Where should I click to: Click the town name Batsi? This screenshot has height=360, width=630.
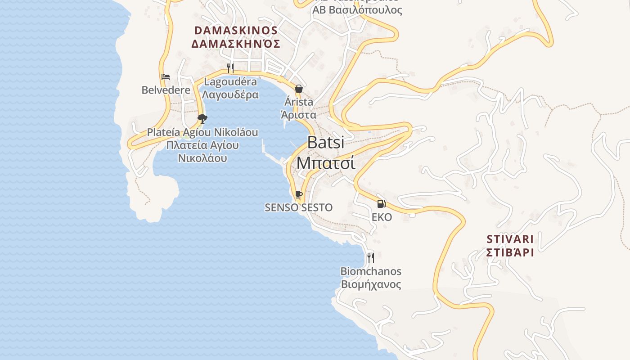tap(326, 143)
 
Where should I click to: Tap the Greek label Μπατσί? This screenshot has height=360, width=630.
tap(326, 162)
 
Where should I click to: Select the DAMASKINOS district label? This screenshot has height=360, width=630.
tap(236, 31)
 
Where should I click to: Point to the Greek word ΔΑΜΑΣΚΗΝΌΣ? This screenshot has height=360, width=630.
tap(236, 44)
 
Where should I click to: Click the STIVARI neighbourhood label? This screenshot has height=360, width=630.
tap(510, 239)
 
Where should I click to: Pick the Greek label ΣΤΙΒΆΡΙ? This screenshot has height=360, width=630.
tap(510, 252)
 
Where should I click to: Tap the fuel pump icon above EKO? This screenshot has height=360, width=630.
tap(381, 204)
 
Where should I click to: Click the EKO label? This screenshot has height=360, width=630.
tap(382, 217)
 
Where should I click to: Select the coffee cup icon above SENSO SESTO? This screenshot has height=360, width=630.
tap(298, 194)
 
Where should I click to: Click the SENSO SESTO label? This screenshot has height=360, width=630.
tap(298, 207)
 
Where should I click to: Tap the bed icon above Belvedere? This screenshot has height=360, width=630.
tap(166, 77)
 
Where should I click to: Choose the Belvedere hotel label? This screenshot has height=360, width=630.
tap(166, 90)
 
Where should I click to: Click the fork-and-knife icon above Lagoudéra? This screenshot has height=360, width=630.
tap(230, 68)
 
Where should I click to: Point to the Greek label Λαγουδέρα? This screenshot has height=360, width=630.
tap(230, 94)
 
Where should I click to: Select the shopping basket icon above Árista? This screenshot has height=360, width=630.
tap(298, 89)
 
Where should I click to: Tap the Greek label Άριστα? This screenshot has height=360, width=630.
tap(298, 115)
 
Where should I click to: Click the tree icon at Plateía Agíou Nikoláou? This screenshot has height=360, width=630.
tap(202, 119)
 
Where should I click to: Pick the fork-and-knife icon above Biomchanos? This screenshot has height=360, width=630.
tap(370, 257)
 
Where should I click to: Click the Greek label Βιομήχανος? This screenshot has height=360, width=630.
tap(371, 284)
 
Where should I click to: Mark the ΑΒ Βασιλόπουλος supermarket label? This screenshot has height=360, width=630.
tap(357, 10)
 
